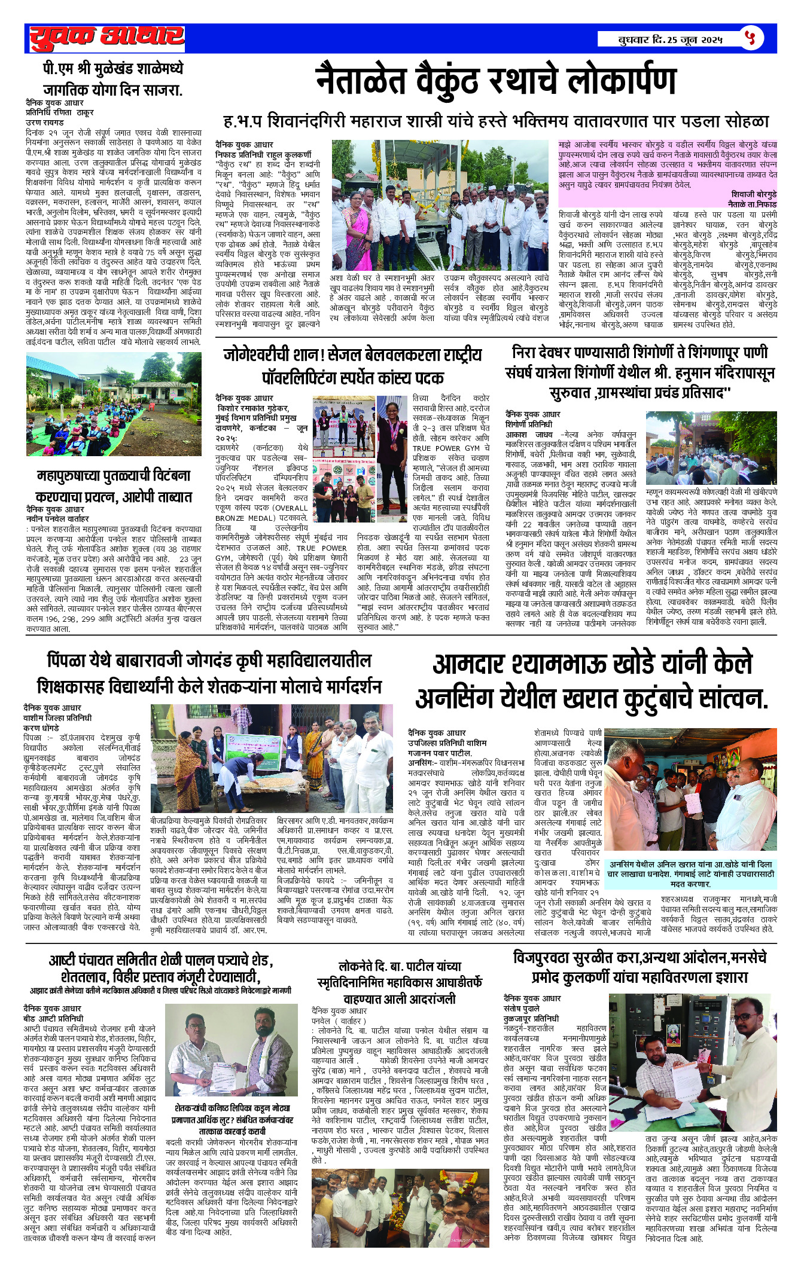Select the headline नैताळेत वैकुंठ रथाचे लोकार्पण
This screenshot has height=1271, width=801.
point(496,81)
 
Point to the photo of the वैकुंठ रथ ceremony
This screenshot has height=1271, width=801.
point(440,206)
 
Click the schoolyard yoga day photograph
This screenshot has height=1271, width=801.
point(114,404)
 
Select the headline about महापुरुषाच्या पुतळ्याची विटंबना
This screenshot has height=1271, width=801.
point(114,486)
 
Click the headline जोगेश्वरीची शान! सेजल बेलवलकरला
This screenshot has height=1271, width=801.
point(353,365)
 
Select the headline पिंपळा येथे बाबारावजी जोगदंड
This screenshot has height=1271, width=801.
point(209,673)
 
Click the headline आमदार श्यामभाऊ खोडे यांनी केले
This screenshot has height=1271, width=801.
point(592,681)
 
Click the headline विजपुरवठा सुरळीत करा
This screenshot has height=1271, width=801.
point(639,967)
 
